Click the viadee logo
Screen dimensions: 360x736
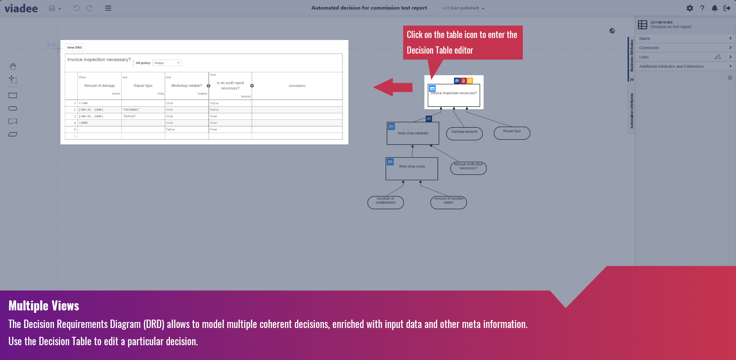21,8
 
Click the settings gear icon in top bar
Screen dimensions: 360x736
690,8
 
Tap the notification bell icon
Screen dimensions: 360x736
714,8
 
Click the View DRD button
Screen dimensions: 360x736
74,48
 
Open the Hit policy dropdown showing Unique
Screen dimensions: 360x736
167,63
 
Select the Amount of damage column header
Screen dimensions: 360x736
100,86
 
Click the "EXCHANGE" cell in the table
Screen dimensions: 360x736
131,110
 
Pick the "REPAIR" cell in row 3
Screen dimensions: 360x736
130,116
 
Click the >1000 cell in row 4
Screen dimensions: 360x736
84,123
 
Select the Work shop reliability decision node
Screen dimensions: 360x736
413,134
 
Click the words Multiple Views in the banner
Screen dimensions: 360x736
44,306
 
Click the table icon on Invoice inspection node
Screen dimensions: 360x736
432,88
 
